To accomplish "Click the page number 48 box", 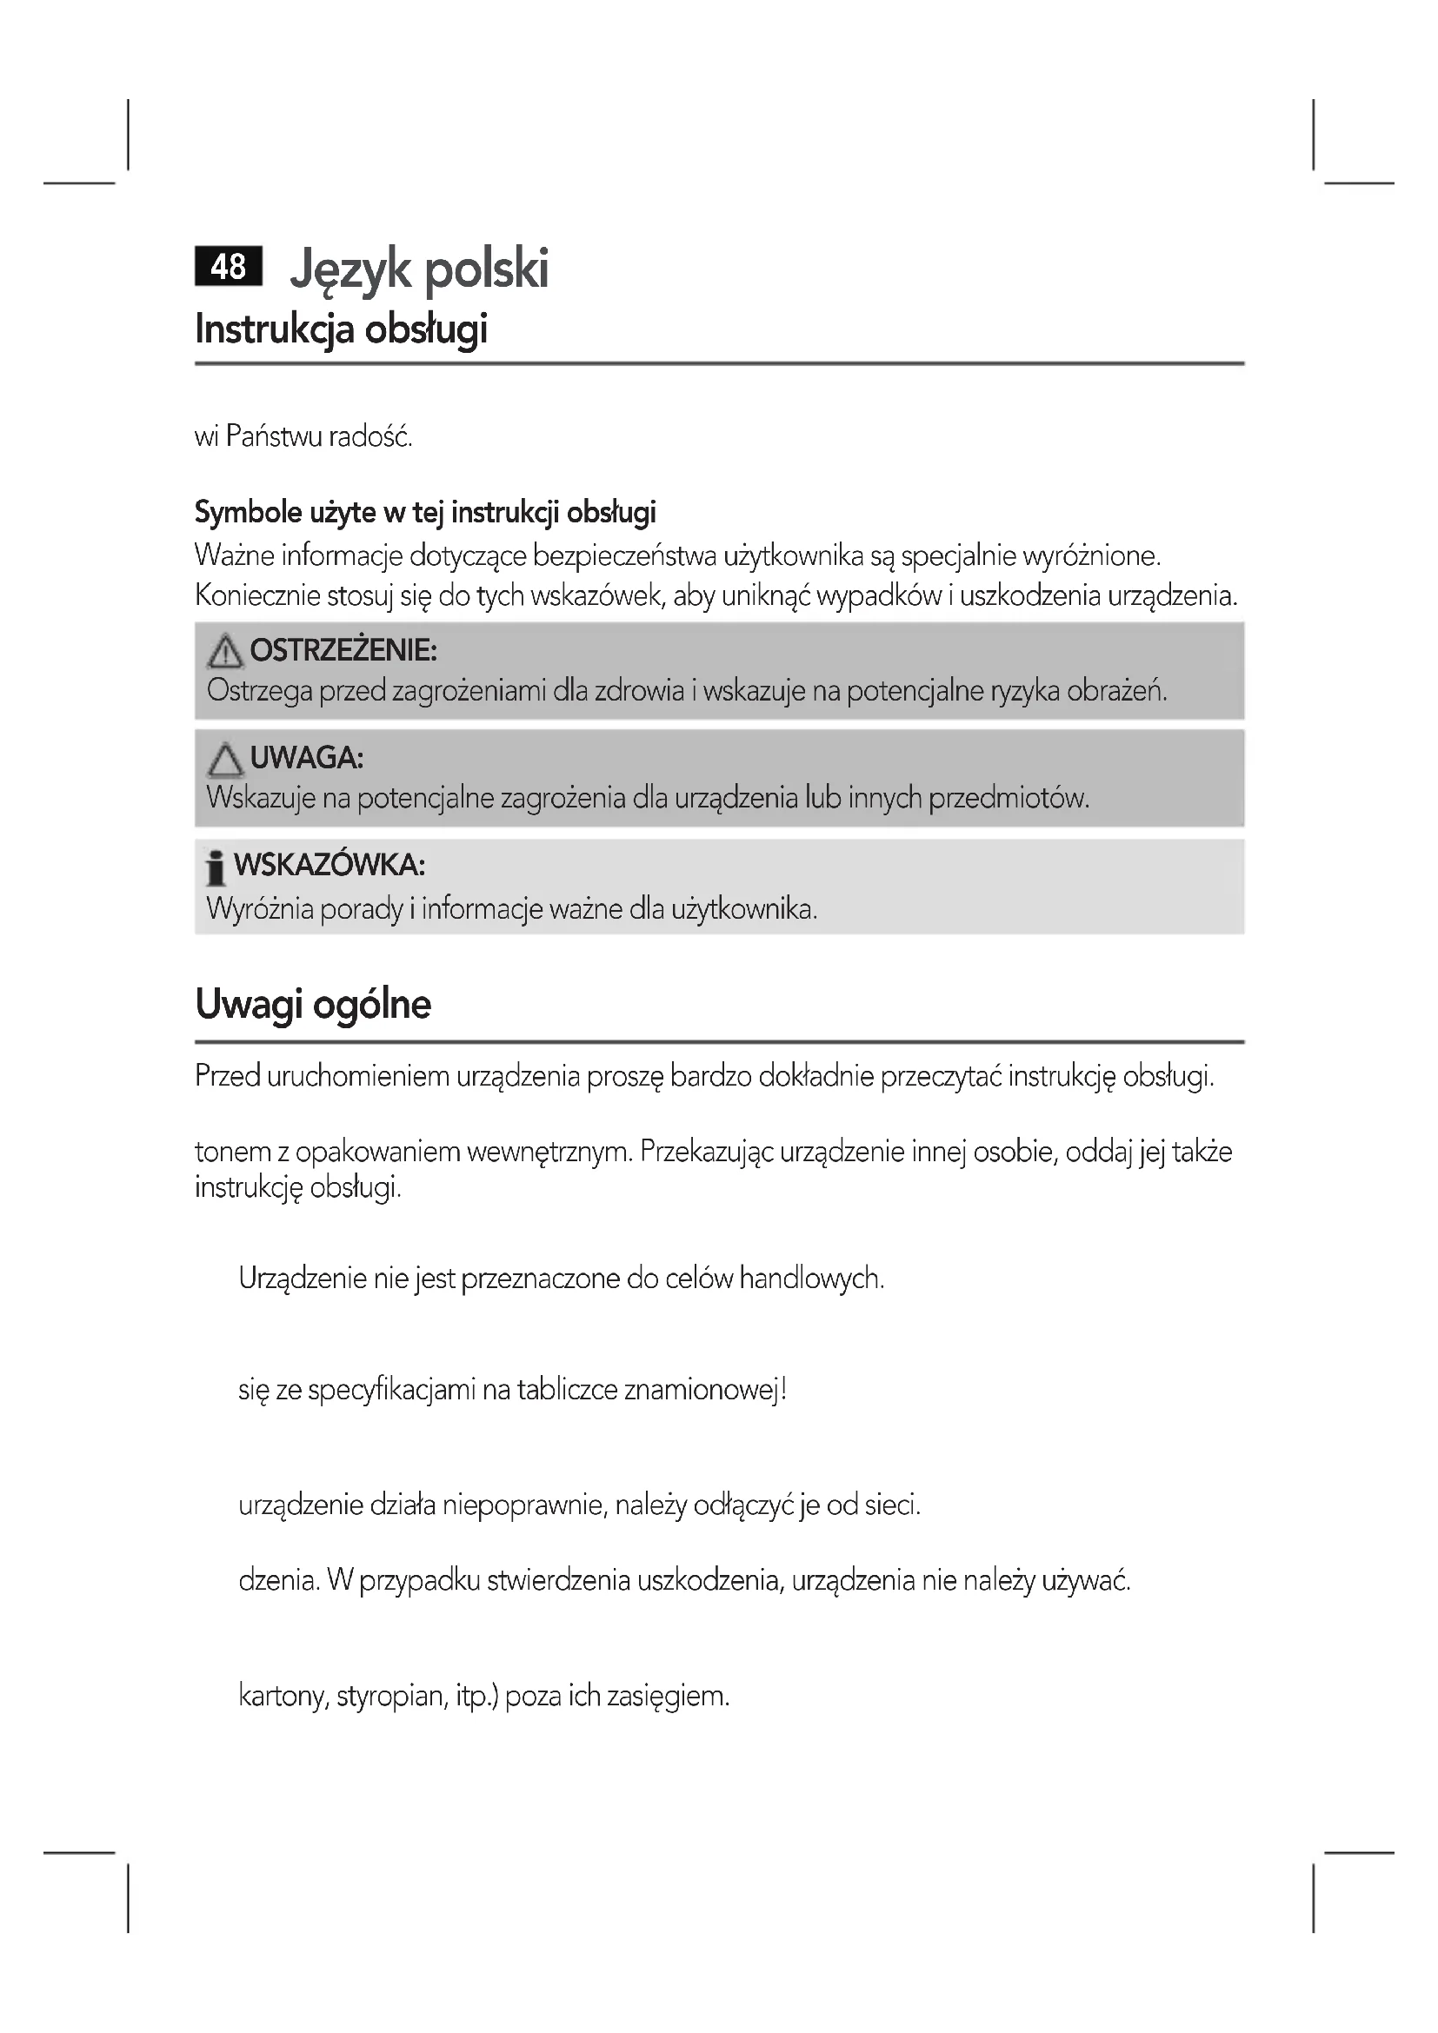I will (229, 267).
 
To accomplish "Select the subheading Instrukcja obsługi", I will (341, 329).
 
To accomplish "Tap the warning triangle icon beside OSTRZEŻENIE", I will (225, 653).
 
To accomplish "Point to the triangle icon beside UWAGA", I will (225, 760).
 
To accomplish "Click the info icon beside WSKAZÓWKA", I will (214, 867).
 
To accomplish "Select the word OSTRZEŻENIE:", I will (343, 651).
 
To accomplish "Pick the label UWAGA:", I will (306, 758).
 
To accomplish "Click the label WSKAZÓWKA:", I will (330, 865).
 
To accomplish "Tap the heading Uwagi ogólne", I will (313, 1004).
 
